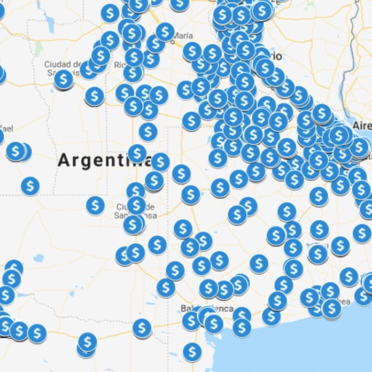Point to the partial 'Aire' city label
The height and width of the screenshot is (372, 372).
(x=362, y=125)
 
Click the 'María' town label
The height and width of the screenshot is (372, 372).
(x=183, y=36)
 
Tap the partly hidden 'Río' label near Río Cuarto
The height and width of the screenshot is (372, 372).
(x=120, y=65)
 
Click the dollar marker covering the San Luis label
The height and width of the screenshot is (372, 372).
(x=64, y=80)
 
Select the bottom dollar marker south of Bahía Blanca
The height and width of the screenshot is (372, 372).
(x=192, y=352)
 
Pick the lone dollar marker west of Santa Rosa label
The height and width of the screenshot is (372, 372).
(x=95, y=205)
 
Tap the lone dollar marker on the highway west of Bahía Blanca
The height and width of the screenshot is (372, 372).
(x=142, y=327)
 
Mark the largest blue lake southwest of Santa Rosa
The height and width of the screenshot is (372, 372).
(x=38, y=258)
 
